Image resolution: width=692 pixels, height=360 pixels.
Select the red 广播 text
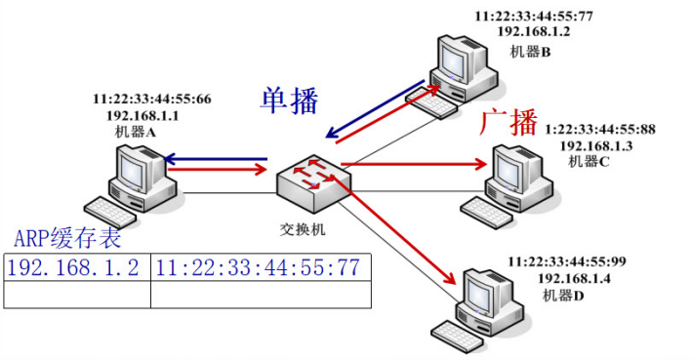coord(509,123)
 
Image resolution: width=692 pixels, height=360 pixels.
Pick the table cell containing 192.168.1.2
coord(75,267)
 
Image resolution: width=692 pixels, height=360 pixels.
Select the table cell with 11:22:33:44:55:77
coord(258,267)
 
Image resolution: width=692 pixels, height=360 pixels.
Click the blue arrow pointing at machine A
coord(215,157)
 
